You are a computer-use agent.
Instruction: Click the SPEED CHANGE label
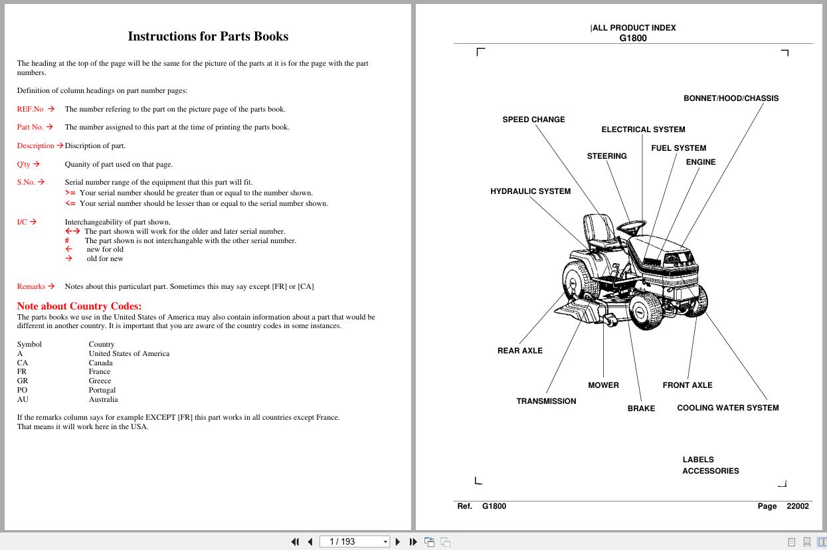(533, 120)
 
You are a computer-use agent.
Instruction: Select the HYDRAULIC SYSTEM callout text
(530, 191)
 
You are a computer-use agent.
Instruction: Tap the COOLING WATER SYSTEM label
(727, 408)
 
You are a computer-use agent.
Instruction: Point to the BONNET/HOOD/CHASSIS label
(731, 98)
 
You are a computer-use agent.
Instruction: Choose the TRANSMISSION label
(546, 401)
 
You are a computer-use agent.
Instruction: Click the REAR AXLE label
(519, 351)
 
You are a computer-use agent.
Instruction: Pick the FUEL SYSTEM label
(678, 148)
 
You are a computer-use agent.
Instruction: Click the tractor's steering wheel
(632, 226)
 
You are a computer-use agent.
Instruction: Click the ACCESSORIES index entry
(710, 471)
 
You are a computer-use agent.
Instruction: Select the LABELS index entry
(697, 460)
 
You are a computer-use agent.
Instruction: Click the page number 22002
(797, 506)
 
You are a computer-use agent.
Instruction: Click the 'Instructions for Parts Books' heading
(208, 37)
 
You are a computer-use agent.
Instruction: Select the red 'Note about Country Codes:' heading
(79, 306)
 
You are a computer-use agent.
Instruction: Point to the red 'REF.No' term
(30, 109)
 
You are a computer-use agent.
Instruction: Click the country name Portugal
(102, 390)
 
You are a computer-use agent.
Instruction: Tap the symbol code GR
(23, 381)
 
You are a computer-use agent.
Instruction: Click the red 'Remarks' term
(31, 286)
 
